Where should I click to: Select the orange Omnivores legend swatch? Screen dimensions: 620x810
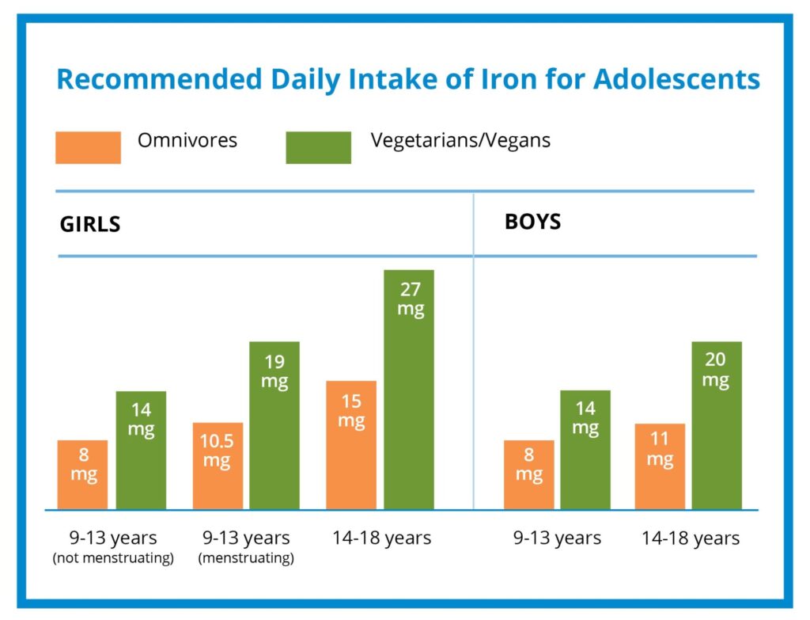point(88,147)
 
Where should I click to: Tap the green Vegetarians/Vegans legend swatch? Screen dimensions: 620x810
point(318,147)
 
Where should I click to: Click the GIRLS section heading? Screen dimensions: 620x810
point(90,224)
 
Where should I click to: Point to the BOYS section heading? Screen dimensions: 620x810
point(532,221)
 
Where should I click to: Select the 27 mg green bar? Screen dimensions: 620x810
point(409,390)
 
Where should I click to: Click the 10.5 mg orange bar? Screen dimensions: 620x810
point(218,466)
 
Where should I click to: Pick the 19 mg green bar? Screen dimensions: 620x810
point(274,425)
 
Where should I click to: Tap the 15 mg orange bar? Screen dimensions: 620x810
point(350,445)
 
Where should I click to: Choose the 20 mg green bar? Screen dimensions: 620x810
point(717,425)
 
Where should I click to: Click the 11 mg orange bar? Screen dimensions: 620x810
point(660,466)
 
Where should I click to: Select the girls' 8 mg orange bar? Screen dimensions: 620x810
point(82,474)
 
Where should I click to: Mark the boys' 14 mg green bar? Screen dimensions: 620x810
point(585,450)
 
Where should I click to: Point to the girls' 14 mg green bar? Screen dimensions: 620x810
point(141,450)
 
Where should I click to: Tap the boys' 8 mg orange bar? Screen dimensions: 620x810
point(528,474)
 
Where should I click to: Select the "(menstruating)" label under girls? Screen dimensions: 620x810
point(245,559)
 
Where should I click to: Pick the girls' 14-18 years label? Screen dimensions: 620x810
point(381,538)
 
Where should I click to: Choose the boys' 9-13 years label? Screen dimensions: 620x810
point(557,538)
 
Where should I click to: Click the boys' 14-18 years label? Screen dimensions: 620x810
point(690,538)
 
